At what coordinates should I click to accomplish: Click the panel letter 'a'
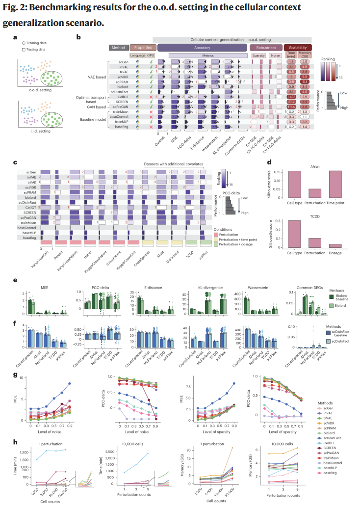pyautogui.click(x=16, y=37)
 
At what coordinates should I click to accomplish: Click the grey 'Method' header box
pyautogui.click(x=118, y=48)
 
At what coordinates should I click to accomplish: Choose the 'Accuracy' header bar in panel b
pyautogui.click(x=202, y=48)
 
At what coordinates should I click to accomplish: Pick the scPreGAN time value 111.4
pyautogui.click(x=291, y=107)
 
